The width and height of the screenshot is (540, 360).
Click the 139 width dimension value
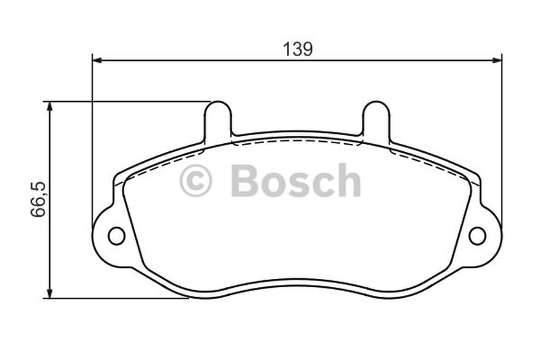[x=297, y=49]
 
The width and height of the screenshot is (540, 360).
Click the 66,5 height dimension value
[x=38, y=199]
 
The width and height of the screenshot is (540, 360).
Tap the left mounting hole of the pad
[x=116, y=236]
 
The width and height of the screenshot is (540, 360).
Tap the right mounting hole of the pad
[x=477, y=236]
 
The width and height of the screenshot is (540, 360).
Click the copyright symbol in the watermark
[x=196, y=181]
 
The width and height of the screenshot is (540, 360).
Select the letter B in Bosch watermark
[x=244, y=181]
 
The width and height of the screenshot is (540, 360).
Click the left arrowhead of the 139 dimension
[x=97, y=60]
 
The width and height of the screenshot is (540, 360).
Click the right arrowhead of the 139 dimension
[x=497, y=60]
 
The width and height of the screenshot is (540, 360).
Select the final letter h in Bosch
[x=348, y=180]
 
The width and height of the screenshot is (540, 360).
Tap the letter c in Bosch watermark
[x=321, y=184]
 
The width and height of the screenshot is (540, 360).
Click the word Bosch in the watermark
[x=296, y=181]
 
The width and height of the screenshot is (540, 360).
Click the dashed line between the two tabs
[x=297, y=141]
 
